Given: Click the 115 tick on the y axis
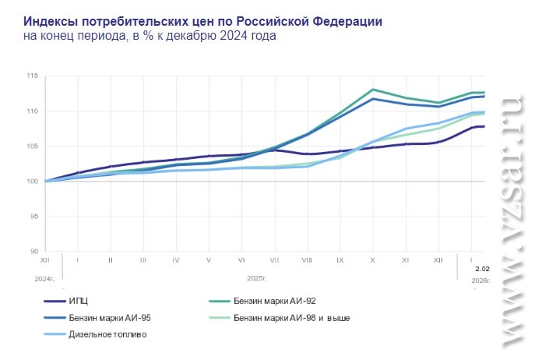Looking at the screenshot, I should click(32, 76).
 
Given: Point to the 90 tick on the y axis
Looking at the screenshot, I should click(33, 251).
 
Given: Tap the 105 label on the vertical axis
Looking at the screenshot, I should click(32, 146).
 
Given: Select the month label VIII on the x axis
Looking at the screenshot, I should click(307, 259).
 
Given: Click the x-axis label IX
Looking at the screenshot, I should click(340, 259).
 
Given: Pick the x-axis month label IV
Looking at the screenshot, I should click(176, 259).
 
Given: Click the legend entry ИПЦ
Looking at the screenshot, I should click(79, 300).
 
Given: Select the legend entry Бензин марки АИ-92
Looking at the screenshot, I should click(273, 300).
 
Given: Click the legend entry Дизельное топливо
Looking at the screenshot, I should click(107, 334).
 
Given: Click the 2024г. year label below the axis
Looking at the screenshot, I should click(45, 277).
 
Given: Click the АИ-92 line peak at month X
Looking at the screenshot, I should click(373, 90).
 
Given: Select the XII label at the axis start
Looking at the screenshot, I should click(45, 259).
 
